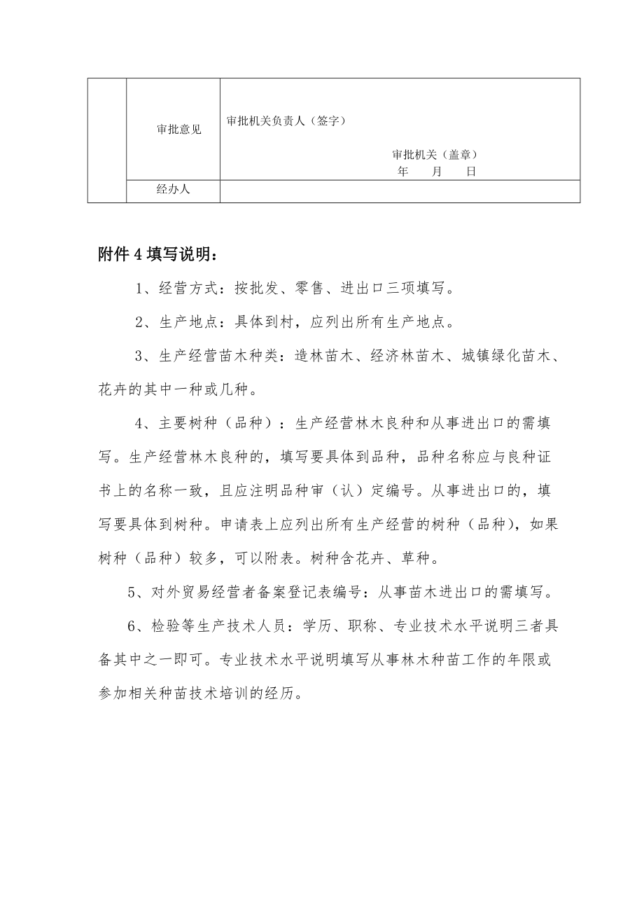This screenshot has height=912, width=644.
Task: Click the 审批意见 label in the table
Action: tap(179, 130)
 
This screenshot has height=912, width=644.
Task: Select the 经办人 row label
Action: tap(173, 189)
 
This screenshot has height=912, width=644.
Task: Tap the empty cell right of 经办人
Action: tap(399, 191)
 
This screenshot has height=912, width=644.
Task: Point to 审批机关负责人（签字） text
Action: tap(286, 120)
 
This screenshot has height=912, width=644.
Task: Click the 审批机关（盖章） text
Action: tap(438, 155)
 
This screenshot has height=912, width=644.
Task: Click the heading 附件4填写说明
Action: tap(162, 254)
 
